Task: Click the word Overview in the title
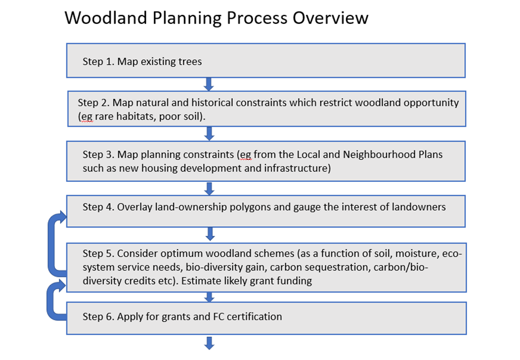point(330,18)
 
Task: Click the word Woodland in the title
point(106,18)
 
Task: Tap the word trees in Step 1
point(190,61)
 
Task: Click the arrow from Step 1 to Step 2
point(209,84)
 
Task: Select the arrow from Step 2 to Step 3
point(209,134)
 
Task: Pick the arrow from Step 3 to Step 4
point(209,189)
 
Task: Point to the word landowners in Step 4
point(419,207)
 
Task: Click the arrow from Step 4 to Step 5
point(210,234)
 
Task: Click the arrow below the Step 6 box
point(209,343)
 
